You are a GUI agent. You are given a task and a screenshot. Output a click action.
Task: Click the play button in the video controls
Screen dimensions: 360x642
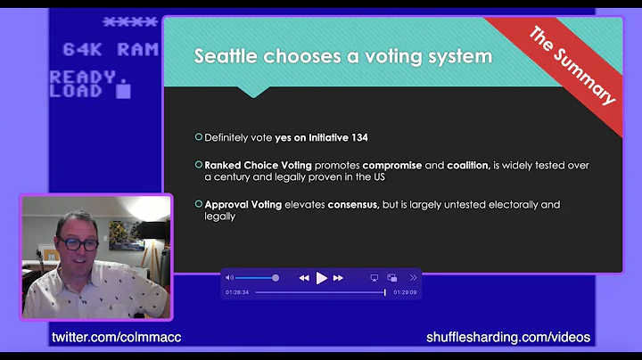321,278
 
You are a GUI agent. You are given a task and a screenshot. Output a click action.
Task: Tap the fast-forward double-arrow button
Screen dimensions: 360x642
338,278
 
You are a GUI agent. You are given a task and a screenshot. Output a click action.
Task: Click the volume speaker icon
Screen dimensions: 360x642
229,278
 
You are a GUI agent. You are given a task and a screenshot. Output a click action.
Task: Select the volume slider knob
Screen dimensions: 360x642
276,278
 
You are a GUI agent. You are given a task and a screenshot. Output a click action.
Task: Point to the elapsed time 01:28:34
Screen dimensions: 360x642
236,292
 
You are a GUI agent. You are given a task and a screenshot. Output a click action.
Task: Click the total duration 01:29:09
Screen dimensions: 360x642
406,292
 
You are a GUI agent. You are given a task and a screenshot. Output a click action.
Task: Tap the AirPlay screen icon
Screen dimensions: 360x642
374,278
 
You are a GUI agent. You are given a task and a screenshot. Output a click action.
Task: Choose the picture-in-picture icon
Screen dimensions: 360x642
394,278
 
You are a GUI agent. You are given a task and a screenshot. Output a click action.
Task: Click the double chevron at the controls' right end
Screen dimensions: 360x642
413,278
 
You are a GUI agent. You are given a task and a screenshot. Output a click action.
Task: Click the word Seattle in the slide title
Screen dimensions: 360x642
220,56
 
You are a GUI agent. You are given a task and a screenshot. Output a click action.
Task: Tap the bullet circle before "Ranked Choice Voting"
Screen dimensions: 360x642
199,165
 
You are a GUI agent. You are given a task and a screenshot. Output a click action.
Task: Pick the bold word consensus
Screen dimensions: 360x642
353,204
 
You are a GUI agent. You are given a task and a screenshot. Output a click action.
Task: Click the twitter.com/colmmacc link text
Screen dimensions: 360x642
116,338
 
